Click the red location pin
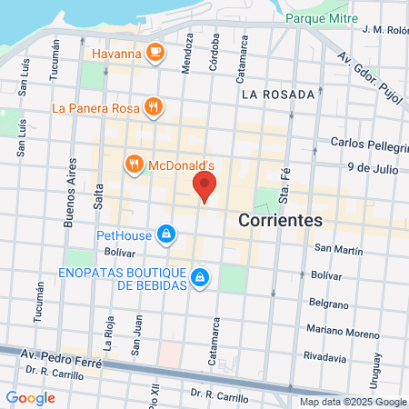click(x=204, y=187)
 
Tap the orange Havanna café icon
click(x=155, y=53)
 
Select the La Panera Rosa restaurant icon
click(x=153, y=107)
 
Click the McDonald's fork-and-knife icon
click(x=135, y=165)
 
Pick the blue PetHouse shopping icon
click(x=165, y=235)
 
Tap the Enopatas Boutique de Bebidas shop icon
click(x=199, y=276)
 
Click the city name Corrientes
click(x=281, y=221)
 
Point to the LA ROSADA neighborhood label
click(x=278, y=94)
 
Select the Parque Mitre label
click(x=320, y=17)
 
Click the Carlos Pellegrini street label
click(x=368, y=143)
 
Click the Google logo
click(x=30, y=397)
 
